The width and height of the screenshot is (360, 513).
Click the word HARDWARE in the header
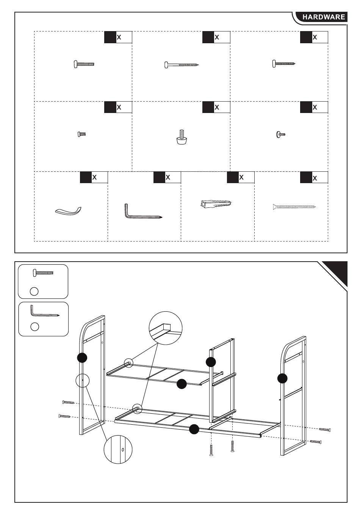click(x=323, y=17)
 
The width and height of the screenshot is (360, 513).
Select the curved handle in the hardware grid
click(x=68, y=211)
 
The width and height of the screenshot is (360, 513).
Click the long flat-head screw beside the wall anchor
click(x=294, y=207)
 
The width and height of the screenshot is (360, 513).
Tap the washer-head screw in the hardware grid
click(x=280, y=134)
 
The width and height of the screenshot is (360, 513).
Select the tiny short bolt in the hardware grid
click(x=81, y=134)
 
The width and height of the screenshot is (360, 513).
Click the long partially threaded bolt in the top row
click(x=182, y=65)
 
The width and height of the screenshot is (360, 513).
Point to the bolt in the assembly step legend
click(x=43, y=272)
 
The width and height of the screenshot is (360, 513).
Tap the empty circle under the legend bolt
click(x=34, y=291)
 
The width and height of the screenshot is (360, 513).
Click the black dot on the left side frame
click(x=82, y=358)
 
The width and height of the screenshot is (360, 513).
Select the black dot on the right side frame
click(x=282, y=378)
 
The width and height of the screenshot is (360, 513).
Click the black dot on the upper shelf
click(x=182, y=384)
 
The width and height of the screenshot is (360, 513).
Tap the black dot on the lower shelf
click(x=194, y=429)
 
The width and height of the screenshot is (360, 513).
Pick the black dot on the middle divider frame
click(x=211, y=362)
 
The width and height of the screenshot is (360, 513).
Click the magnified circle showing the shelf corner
click(x=166, y=328)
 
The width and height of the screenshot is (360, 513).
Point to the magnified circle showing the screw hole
click(x=118, y=449)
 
